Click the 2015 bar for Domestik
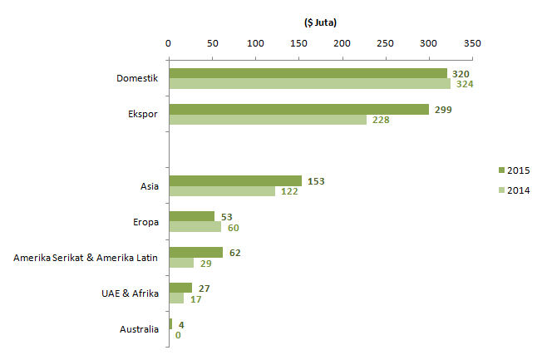[x=308, y=73]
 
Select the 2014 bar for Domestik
[x=309, y=84]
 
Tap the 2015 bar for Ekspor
[x=298, y=109]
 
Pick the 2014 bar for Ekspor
[x=268, y=120]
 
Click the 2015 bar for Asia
[x=235, y=180]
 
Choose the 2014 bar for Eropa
[x=195, y=227]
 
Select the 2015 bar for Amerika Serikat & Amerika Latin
[x=195, y=252]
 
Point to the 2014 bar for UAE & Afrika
[x=176, y=298]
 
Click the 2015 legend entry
[x=514, y=170]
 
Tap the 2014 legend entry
[x=514, y=190]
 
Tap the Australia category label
[x=139, y=329]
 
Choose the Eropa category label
[x=145, y=222]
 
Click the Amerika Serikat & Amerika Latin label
[x=86, y=258]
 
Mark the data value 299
[x=443, y=109]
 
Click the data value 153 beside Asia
[x=316, y=180]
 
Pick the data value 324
[x=464, y=84]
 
